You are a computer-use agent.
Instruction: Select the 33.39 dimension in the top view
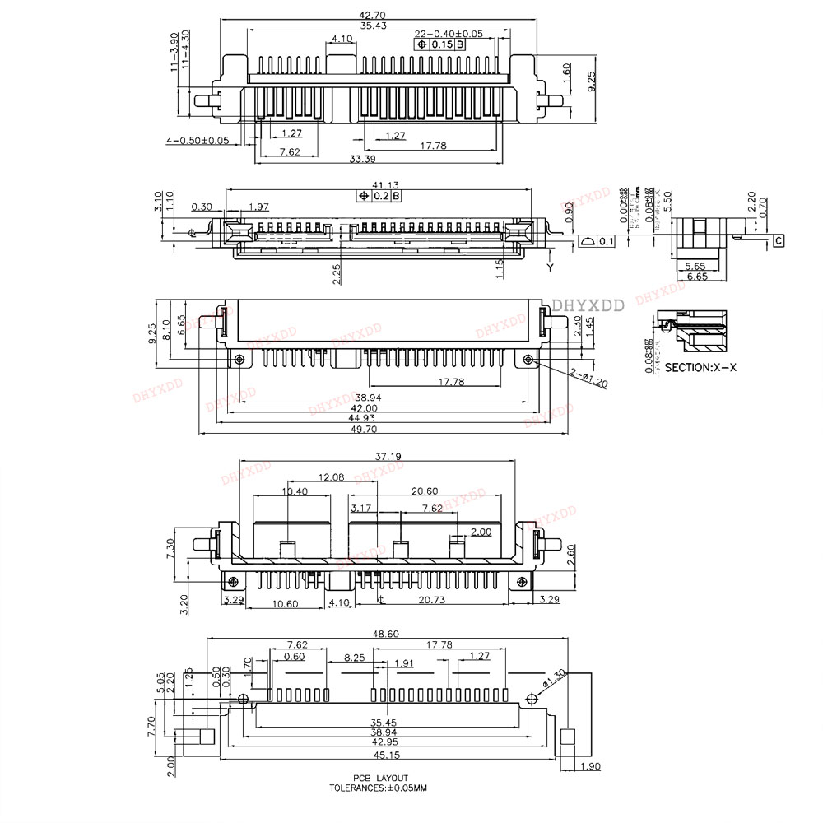362,158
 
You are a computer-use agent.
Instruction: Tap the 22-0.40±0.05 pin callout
449,34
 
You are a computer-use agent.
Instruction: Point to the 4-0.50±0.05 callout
198,141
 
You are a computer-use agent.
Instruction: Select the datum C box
778,241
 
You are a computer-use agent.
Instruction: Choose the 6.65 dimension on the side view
697,277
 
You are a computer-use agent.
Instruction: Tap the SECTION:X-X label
700,368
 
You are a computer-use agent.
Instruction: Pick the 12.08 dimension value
332,477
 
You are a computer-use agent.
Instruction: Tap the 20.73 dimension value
431,602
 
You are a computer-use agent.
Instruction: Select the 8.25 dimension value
355,658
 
